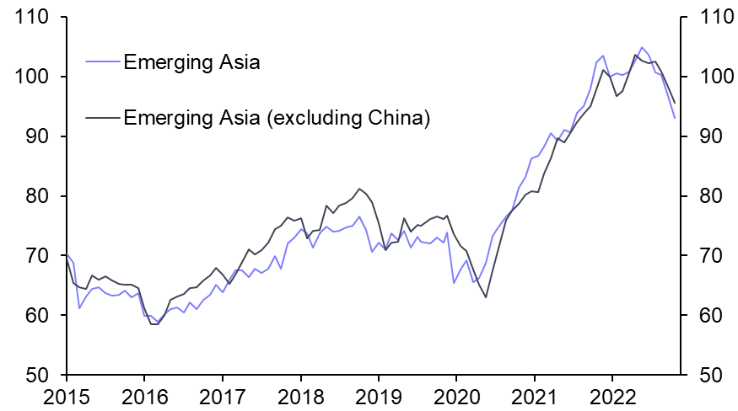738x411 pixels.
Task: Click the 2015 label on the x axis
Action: coord(66,395)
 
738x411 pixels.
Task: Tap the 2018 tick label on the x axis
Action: coord(300,395)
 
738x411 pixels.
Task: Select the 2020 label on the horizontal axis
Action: coord(456,395)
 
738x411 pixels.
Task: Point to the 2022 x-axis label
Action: coord(612,395)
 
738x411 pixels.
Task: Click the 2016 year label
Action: coord(144,395)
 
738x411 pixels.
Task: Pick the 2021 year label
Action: coord(535,395)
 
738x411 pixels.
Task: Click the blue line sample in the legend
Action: coord(102,61)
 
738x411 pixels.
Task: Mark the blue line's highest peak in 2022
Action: coord(642,47)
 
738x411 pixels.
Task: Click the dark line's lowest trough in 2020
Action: coord(486,296)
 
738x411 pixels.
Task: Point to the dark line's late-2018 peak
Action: coord(359,189)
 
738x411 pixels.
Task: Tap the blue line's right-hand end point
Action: coord(675,118)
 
